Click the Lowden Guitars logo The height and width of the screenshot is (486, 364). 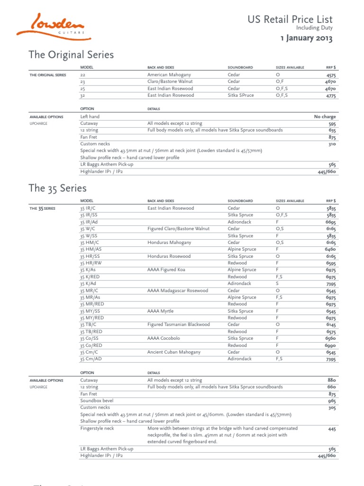click(x=51, y=25)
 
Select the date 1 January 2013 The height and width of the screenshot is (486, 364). click(x=306, y=38)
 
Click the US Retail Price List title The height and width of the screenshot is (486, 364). click(x=290, y=19)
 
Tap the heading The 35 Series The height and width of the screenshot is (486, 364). click(x=57, y=187)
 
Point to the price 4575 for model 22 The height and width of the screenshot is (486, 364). click(x=331, y=75)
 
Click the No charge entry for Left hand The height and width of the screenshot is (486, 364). click(x=325, y=117)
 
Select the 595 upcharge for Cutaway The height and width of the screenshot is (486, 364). click(x=332, y=123)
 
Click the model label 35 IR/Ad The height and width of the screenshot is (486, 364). click(x=89, y=222)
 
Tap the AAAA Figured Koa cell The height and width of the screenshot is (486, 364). click(x=166, y=270)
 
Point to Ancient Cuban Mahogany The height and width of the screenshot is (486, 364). click(x=174, y=352)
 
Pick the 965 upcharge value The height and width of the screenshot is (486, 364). click(x=332, y=401)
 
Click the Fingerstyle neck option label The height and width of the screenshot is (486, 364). click(x=97, y=428)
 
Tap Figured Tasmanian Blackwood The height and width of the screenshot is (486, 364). click(x=178, y=325)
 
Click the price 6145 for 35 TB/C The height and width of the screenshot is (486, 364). click(x=330, y=325)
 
